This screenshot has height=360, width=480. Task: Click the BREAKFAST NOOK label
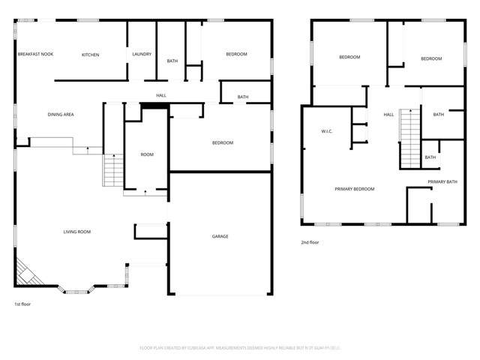36,54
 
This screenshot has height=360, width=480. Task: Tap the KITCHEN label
90,55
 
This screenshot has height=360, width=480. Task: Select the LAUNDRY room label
142,54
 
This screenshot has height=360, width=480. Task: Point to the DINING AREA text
60,114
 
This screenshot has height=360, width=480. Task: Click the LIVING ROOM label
76,232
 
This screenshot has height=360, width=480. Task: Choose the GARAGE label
220,236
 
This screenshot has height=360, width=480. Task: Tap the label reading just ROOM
147,154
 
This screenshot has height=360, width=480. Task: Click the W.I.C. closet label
327,132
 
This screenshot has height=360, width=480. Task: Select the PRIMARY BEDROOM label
354,189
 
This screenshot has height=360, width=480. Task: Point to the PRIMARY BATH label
442,181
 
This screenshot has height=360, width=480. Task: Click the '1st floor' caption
22,304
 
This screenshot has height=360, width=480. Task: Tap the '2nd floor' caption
310,241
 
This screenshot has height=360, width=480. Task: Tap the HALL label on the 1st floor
161,95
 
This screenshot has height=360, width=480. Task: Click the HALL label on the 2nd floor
388,114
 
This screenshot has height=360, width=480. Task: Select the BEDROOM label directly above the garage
222,142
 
